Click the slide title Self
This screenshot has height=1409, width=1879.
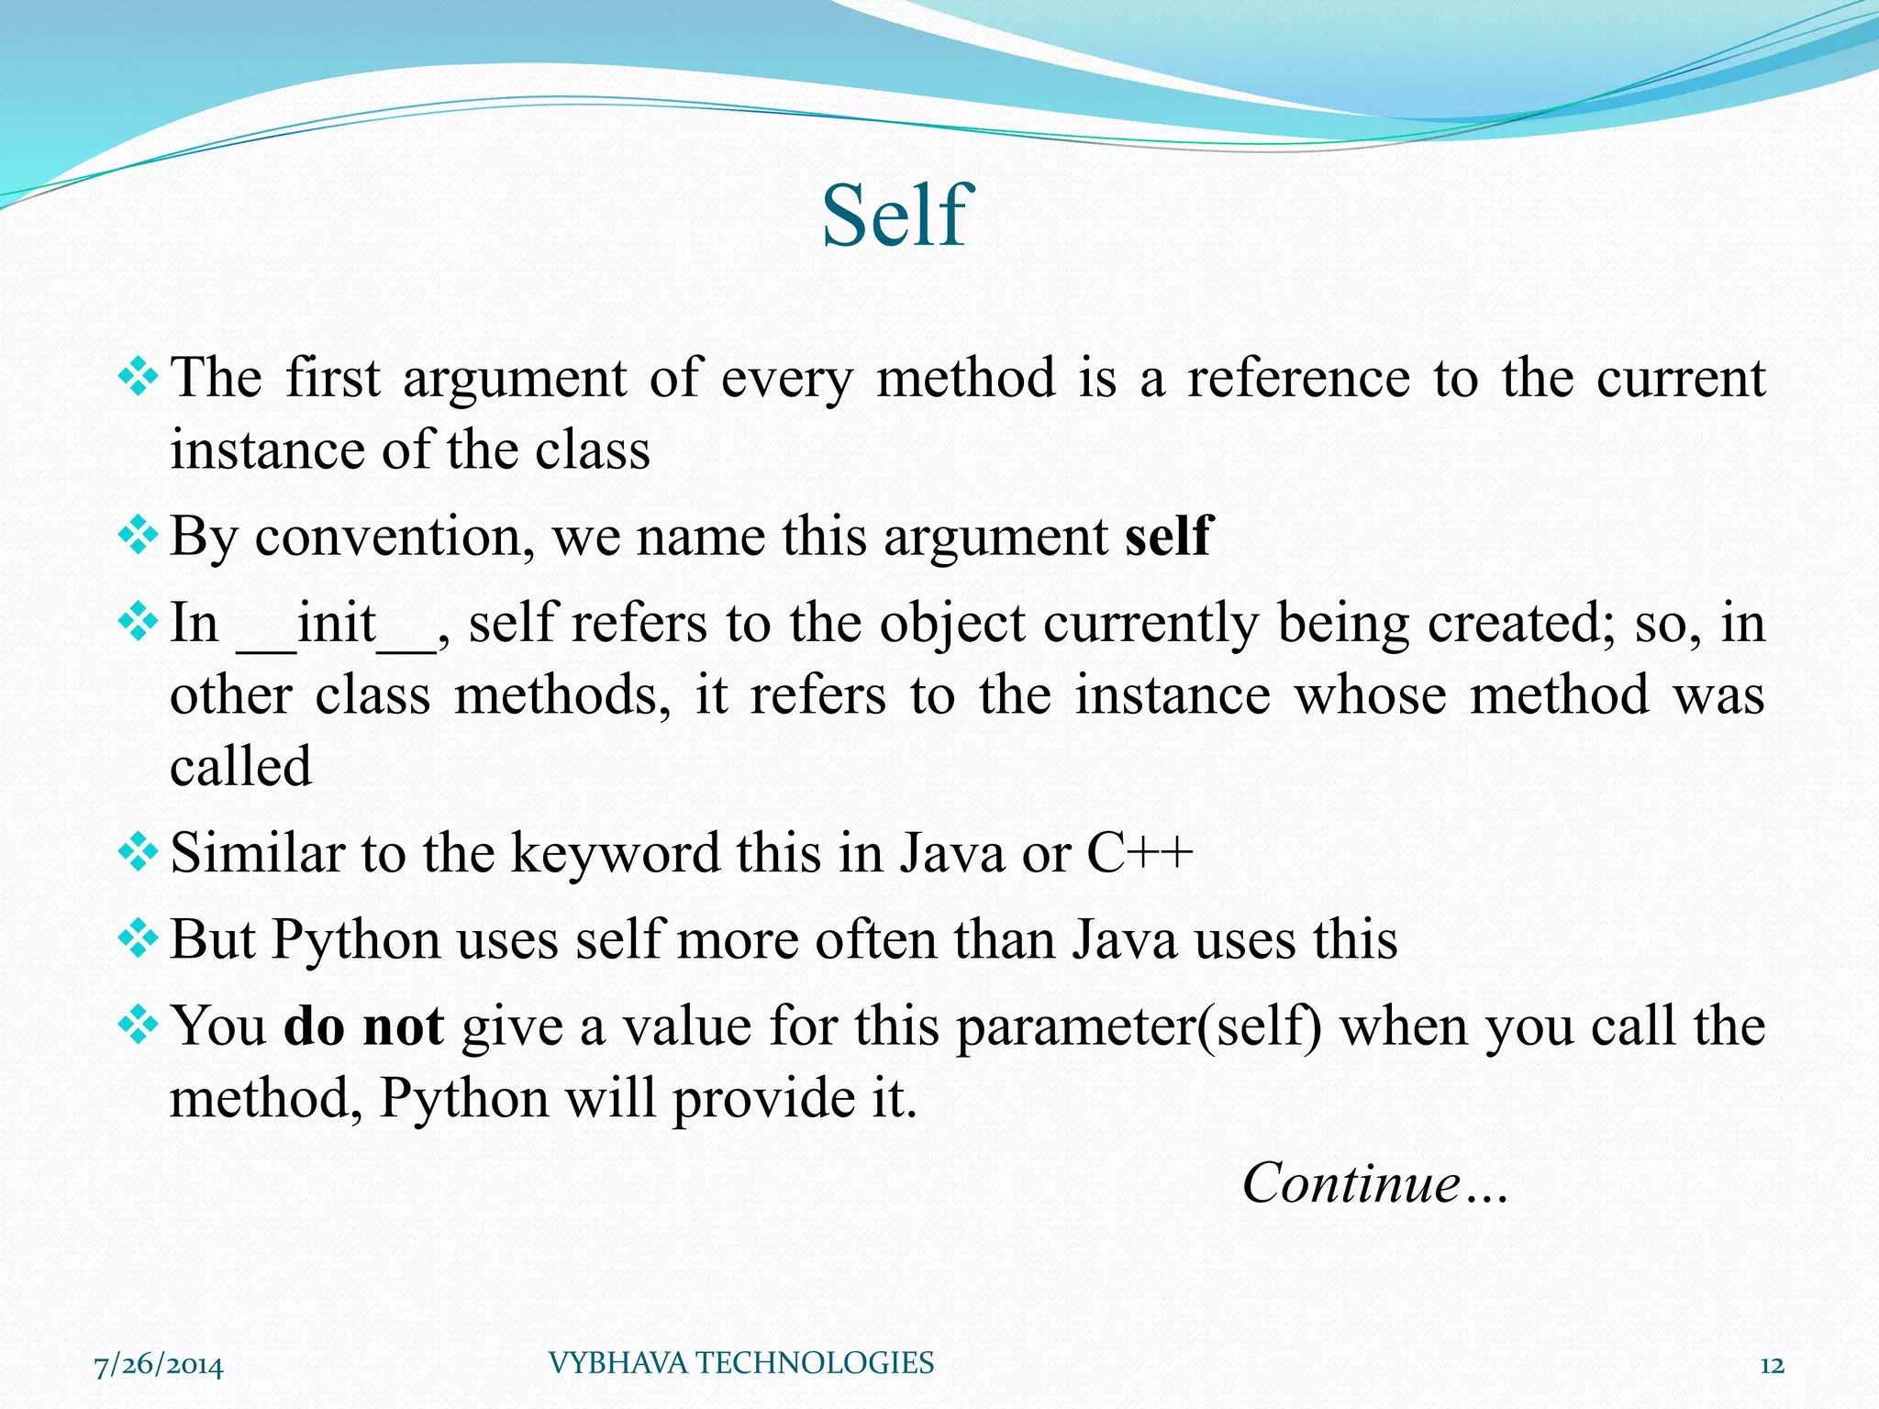[895, 216]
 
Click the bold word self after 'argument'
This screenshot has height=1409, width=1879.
[1169, 536]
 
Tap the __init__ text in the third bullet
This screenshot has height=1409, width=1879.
[337, 625]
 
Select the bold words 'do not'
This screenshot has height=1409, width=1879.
[364, 1026]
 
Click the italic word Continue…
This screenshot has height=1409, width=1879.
[1374, 1182]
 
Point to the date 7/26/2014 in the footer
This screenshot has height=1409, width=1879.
[159, 1366]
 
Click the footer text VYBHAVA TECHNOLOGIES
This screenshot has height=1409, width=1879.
[740, 1363]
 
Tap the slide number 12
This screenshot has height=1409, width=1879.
[1772, 1366]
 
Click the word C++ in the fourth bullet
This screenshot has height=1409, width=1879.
[1140, 853]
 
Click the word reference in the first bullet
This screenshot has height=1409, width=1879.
[1298, 378]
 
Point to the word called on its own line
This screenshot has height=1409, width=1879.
[240, 766]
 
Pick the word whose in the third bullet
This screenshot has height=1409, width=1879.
[1370, 694]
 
